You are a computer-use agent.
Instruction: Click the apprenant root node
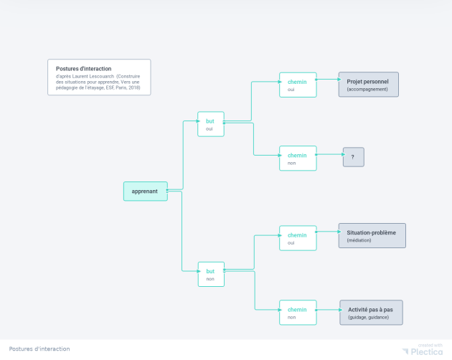145,191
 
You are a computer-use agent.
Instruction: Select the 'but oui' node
211,124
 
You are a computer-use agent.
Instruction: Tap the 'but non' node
211,275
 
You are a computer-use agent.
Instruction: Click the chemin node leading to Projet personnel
297,85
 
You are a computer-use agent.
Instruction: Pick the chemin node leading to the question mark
297,158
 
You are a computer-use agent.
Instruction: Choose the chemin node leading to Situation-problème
297,238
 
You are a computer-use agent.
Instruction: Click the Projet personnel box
368,85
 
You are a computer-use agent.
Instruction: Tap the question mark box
353,157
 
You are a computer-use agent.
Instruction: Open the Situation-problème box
372,236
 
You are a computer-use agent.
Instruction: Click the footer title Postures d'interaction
39,349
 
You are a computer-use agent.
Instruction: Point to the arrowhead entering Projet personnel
336,80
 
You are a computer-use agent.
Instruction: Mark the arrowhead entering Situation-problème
336,232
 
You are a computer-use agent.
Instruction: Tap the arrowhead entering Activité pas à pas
337,310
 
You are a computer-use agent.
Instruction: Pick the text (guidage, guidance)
369,317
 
